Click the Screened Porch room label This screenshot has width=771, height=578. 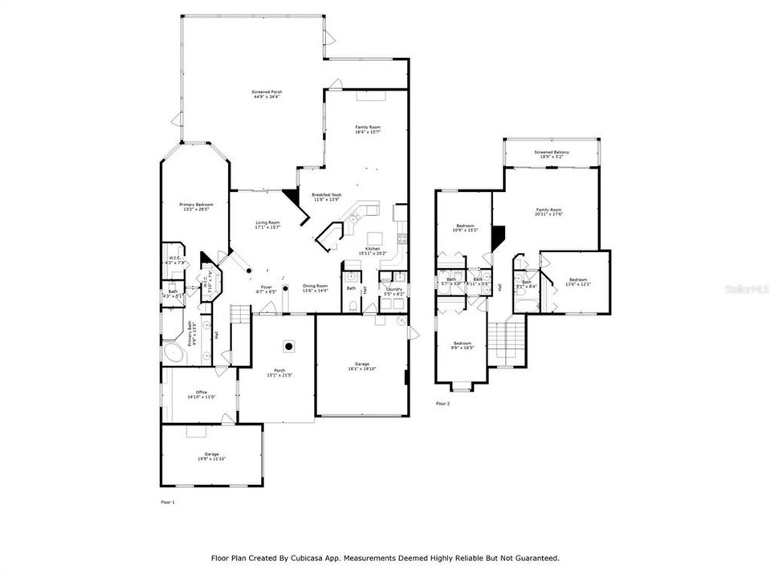coord(267,95)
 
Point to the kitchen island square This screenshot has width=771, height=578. coord(375,238)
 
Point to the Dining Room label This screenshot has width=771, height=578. coord(315,288)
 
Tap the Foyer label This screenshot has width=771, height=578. coord(267,289)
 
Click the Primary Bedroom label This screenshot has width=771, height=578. coord(195,206)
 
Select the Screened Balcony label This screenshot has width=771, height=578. coord(552,154)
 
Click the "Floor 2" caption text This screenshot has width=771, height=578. coord(443,404)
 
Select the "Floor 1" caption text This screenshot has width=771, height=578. coord(167,502)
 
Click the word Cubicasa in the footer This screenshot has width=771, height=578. coord(313,557)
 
